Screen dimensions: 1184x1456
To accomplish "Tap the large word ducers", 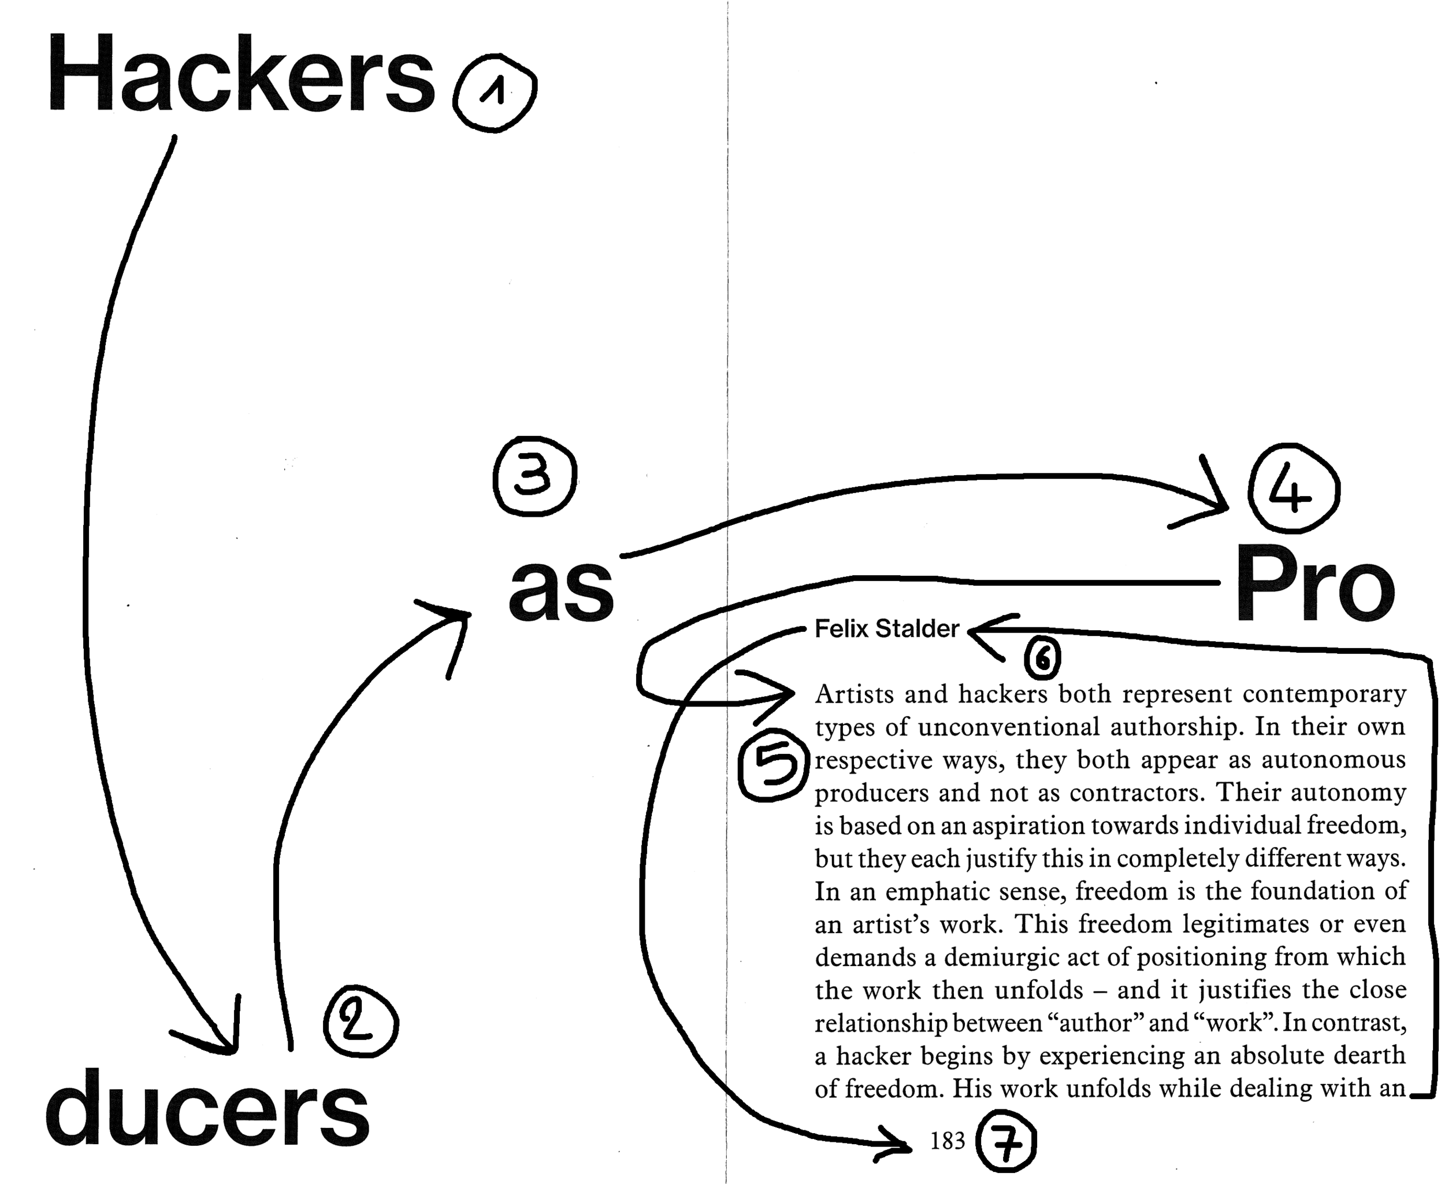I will tap(207, 1109).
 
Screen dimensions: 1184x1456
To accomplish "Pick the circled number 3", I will tap(534, 476).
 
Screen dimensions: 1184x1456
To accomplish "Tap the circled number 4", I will tap(1292, 489).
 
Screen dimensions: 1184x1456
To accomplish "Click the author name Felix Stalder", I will tap(886, 629).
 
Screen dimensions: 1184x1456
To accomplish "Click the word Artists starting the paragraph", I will tap(854, 694).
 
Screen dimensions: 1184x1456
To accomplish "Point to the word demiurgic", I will tap(1000, 957).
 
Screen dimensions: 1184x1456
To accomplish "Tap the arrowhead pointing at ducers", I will tap(228, 1044).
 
